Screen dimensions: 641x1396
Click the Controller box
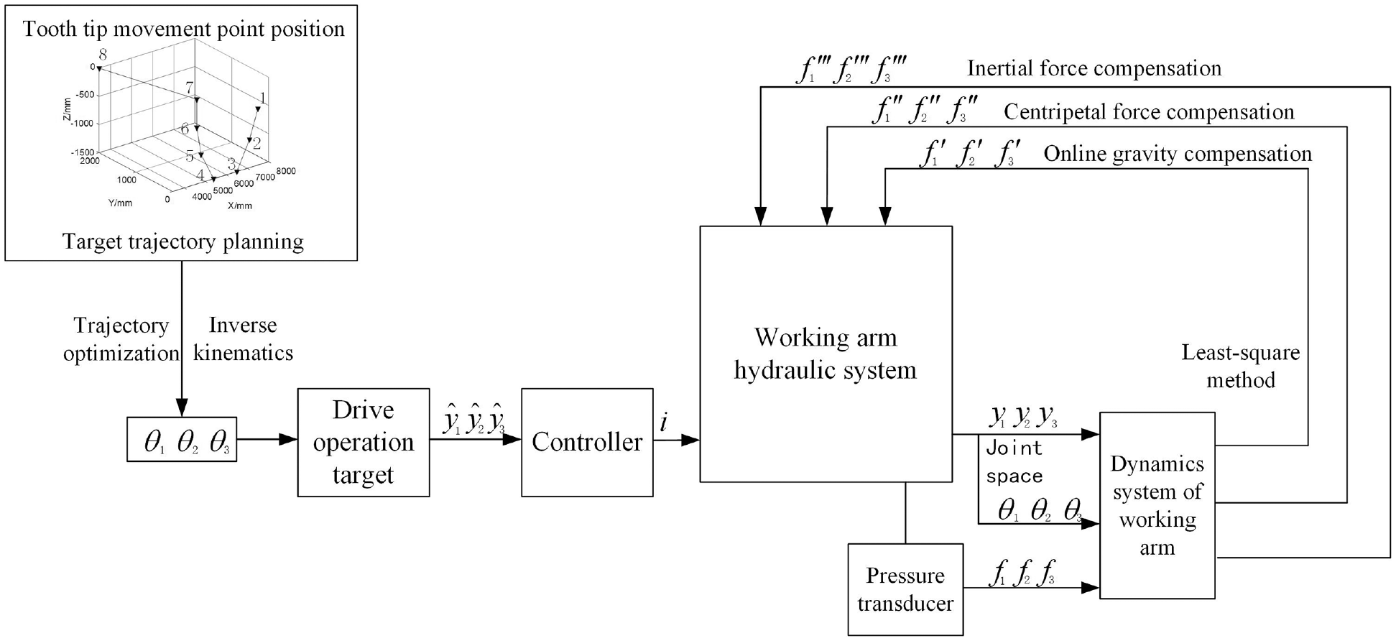(587, 442)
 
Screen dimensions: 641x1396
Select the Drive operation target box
(364, 442)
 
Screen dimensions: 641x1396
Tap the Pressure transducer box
(905, 589)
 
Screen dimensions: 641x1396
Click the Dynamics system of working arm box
(1157, 505)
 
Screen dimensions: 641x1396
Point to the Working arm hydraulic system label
(826, 354)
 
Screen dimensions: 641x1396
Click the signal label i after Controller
(663, 423)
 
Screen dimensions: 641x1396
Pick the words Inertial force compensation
(1094, 68)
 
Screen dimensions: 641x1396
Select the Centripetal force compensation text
(1148, 112)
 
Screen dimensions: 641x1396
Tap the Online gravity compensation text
(1178, 154)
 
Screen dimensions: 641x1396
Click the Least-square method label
(1241, 366)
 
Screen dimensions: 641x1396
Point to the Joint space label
(1014, 461)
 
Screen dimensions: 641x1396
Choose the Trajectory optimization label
(121, 339)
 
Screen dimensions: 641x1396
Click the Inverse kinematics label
(243, 339)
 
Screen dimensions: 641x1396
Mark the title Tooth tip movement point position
(183, 29)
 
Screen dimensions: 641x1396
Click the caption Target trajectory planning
(183, 241)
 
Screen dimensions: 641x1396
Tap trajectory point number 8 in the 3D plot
(103, 55)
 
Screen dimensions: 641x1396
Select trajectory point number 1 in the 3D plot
(263, 98)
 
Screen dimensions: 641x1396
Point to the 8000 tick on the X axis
(286, 171)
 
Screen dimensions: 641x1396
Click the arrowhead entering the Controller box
(513, 439)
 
